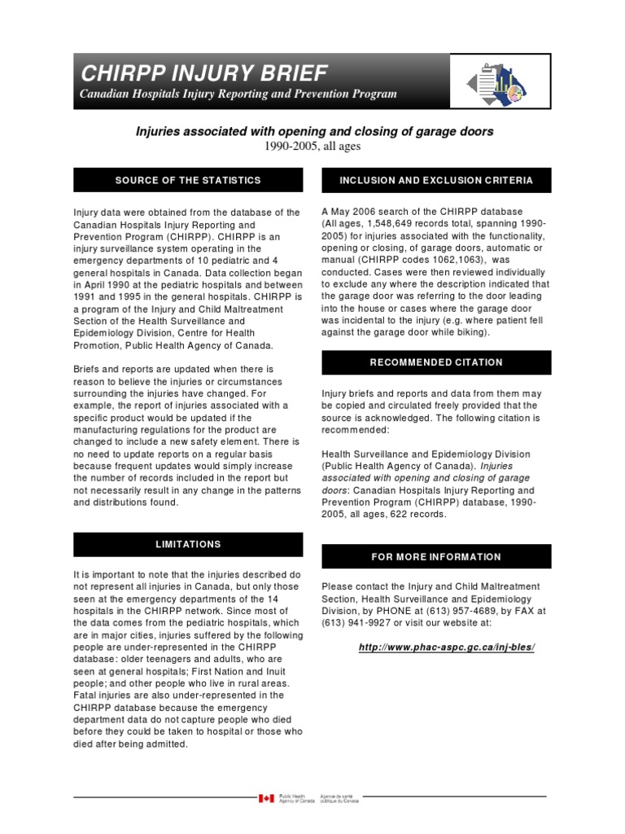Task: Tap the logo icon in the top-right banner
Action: (x=498, y=81)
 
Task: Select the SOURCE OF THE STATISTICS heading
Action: (x=188, y=180)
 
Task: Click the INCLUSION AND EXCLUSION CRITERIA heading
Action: (x=436, y=180)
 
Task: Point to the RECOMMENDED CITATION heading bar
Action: (x=436, y=362)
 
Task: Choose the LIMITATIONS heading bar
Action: (x=188, y=544)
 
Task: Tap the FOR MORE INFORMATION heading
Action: (x=436, y=556)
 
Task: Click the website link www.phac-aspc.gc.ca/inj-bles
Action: (x=447, y=647)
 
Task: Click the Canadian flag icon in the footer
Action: (x=266, y=799)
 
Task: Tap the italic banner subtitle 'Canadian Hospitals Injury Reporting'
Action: (x=238, y=94)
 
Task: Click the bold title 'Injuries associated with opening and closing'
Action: (x=313, y=131)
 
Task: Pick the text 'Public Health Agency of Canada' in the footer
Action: (x=296, y=799)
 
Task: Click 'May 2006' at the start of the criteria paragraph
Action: (x=351, y=212)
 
